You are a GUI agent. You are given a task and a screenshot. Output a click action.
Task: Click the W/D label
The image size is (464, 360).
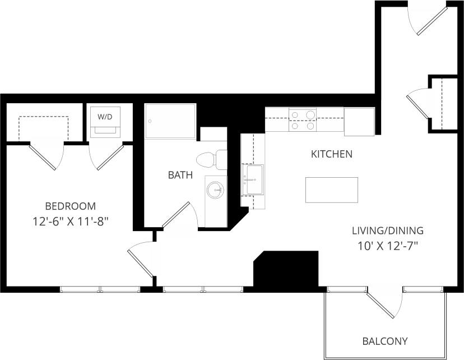[104, 117]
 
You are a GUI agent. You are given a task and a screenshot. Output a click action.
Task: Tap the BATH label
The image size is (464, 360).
[180, 175]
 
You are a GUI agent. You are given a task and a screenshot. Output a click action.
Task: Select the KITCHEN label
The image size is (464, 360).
[332, 154]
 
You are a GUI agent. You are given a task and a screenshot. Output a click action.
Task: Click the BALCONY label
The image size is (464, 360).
[384, 341]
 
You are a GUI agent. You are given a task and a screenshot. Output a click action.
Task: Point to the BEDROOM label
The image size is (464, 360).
[71, 206]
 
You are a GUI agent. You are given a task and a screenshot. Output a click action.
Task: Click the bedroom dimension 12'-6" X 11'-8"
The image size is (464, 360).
[71, 221]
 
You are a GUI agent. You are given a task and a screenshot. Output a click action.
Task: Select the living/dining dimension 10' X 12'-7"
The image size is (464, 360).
[387, 245]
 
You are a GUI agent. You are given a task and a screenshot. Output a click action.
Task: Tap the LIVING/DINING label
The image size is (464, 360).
[387, 230]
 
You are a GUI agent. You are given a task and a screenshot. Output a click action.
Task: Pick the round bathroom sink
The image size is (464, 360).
[215, 191]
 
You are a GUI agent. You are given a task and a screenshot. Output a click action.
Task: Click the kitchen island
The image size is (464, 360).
[332, 190]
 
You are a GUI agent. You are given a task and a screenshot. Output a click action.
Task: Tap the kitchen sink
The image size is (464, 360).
[253, 179]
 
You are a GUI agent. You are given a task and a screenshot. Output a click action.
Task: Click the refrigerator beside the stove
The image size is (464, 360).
[359, 122]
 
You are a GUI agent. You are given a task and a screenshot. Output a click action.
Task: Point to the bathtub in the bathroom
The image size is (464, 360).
[170, 121]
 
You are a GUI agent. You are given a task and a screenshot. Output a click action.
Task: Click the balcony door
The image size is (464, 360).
[384, 303]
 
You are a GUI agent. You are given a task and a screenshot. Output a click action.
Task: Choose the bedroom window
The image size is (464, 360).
[100, 289]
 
